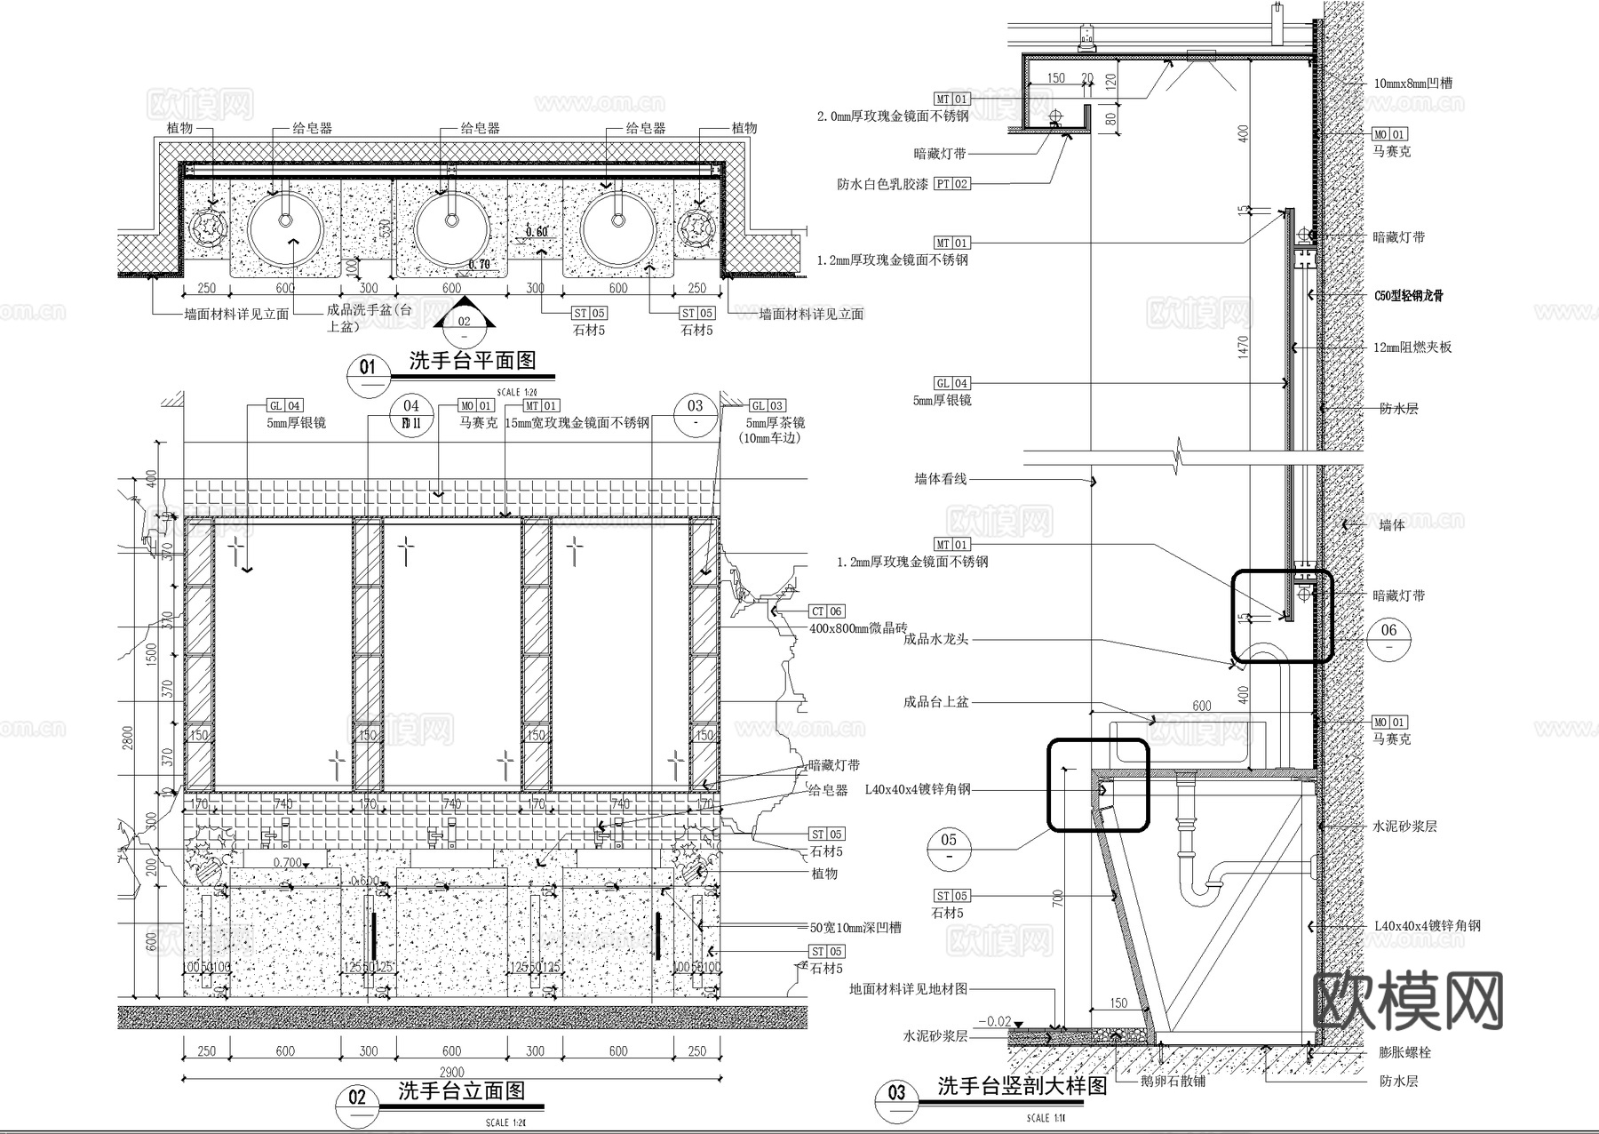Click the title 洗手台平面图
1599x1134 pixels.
coord(472,361)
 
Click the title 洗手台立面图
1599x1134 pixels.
coord(461,1090)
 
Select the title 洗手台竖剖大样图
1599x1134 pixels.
coord(1022,1085)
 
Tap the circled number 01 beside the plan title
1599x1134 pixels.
coord(368,367)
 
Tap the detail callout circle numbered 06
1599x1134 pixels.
coord(1388,631)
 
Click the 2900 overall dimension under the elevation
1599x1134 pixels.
coord(451,1073)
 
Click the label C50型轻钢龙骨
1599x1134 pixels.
coord(1408,295)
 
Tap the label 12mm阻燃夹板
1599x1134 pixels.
coord(1412,347)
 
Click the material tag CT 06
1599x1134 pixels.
coord(826,611)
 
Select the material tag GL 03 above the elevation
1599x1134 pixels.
coord(767,405)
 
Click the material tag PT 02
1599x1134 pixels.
coord(951,184)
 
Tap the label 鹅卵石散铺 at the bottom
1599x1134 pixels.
coord(1173,1082)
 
